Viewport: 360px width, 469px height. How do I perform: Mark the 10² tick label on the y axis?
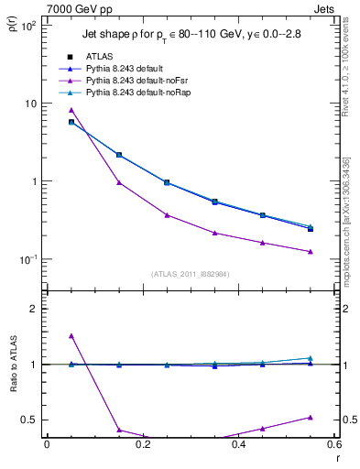28,25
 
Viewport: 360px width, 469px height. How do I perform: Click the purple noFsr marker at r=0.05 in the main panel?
71,110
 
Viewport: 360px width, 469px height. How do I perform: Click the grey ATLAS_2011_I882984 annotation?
191,274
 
